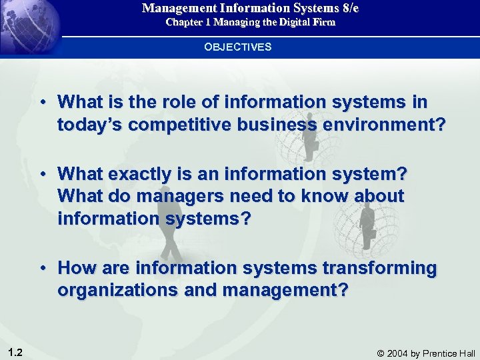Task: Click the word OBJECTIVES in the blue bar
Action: tap(238, 47)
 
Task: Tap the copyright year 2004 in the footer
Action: tap(402, 353)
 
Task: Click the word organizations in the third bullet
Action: tap(114, 291)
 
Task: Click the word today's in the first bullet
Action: tap(88, 124)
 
